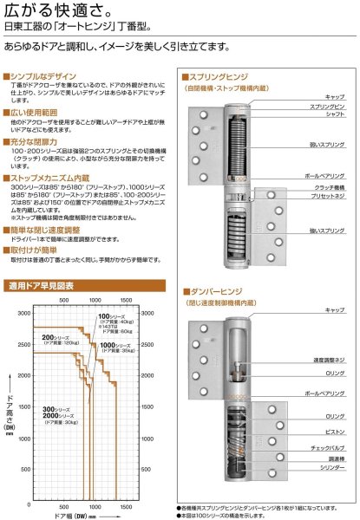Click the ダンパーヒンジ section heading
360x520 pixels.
point(215,292)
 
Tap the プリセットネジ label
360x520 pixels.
point(327,195)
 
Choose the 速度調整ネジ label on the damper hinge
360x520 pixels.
point(327,360)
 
